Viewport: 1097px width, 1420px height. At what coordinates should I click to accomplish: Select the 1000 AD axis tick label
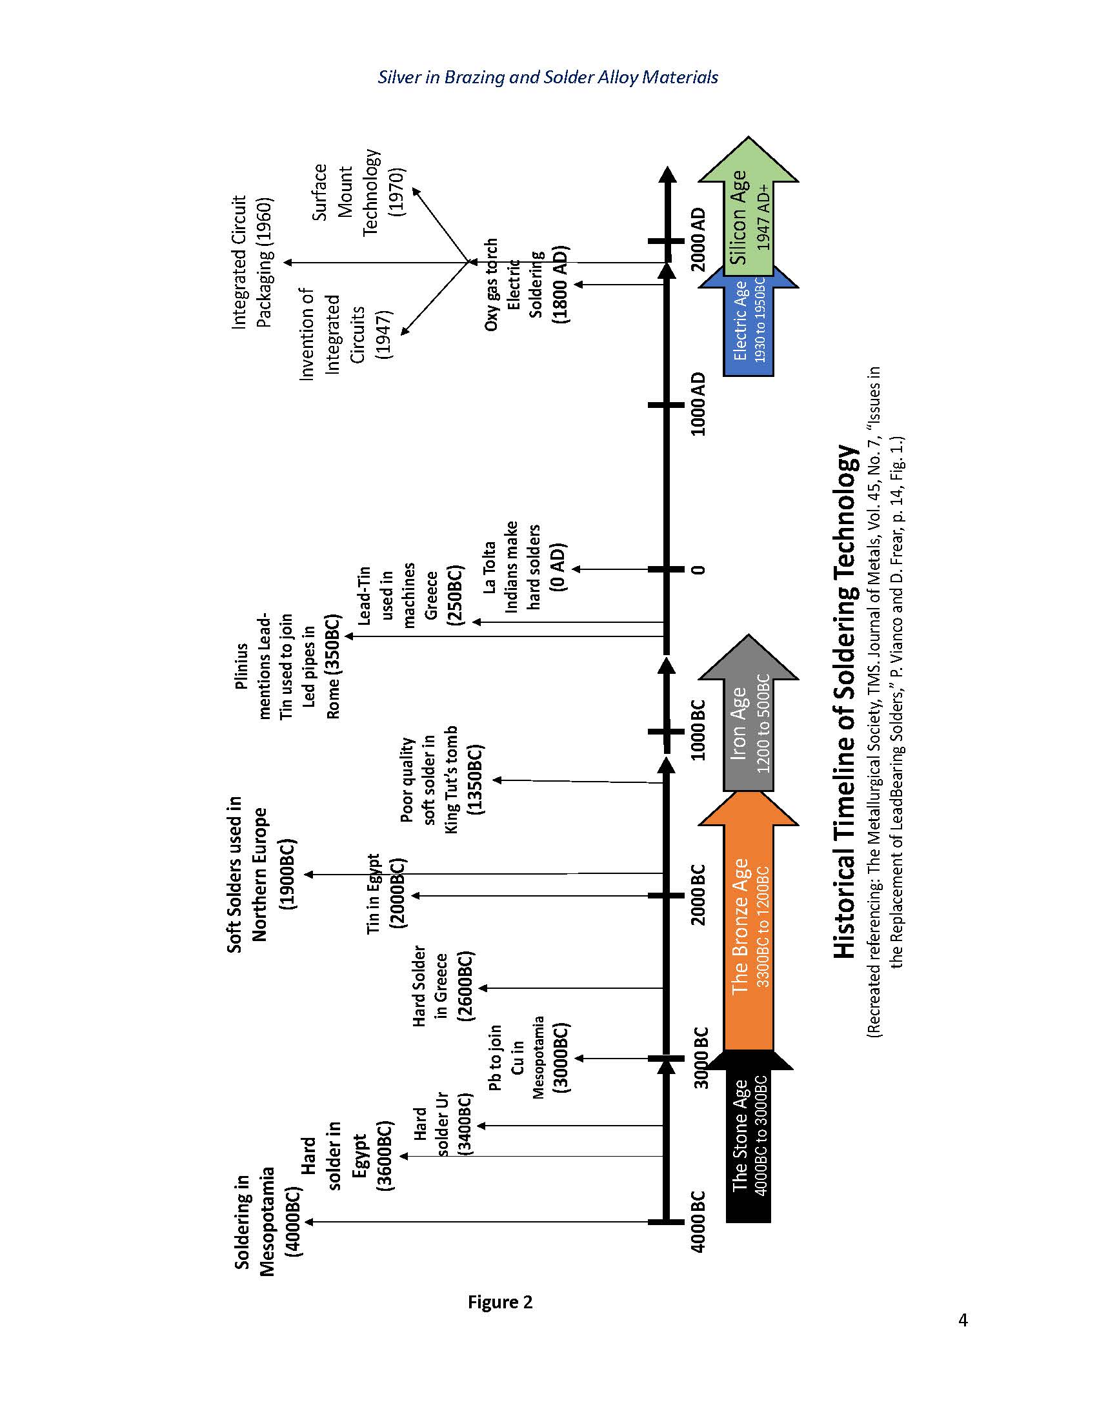tap(698, 405)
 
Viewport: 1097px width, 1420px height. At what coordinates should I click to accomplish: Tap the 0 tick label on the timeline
tap(698, 569)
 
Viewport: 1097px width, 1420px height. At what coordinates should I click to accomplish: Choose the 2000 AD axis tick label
tap(698, 241)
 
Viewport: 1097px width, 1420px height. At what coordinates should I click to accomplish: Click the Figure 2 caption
tap(499, 1302)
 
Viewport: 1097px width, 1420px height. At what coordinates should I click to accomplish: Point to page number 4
tap(963, 1320)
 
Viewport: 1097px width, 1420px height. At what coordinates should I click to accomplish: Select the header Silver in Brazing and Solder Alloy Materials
tap(548, 77)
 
